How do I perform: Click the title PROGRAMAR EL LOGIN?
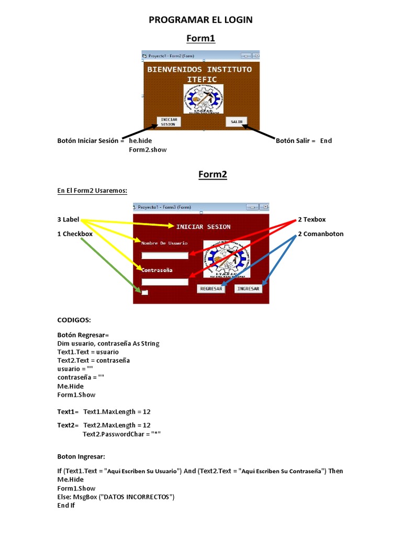coord(201,20)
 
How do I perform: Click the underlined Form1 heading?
coord(201,38)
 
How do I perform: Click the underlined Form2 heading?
coord(213,174)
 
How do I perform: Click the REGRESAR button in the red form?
coord(211,289)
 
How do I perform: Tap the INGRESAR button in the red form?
coord(248,289)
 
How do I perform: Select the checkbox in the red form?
coord(144,292)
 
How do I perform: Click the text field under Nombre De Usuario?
coord(165,255)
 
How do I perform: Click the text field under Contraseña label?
coord(165,282)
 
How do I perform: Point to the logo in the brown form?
coord(204,99)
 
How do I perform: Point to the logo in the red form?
coord(227,259)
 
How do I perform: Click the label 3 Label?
coord(68,219)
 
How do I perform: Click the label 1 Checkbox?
coord(75,234)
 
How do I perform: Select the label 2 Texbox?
coord(311,219)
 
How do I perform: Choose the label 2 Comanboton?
coord(320,234)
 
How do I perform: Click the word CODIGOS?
coord(74,319)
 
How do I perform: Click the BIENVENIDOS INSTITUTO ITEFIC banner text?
coord(199,74)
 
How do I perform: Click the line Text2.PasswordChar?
coord(121,434)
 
